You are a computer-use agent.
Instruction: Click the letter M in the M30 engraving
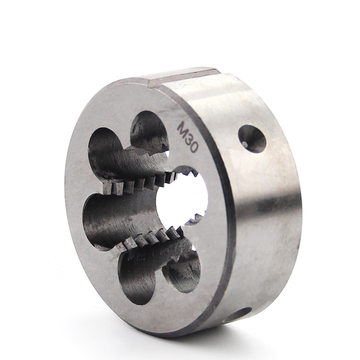pos(184,127)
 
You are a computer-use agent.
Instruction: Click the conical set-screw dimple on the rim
pos(252,139)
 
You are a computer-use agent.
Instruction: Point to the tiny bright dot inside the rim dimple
pos(245,144)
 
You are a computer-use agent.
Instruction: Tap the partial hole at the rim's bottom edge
pos(239,313)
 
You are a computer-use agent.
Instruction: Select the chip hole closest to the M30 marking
pos(150,133)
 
